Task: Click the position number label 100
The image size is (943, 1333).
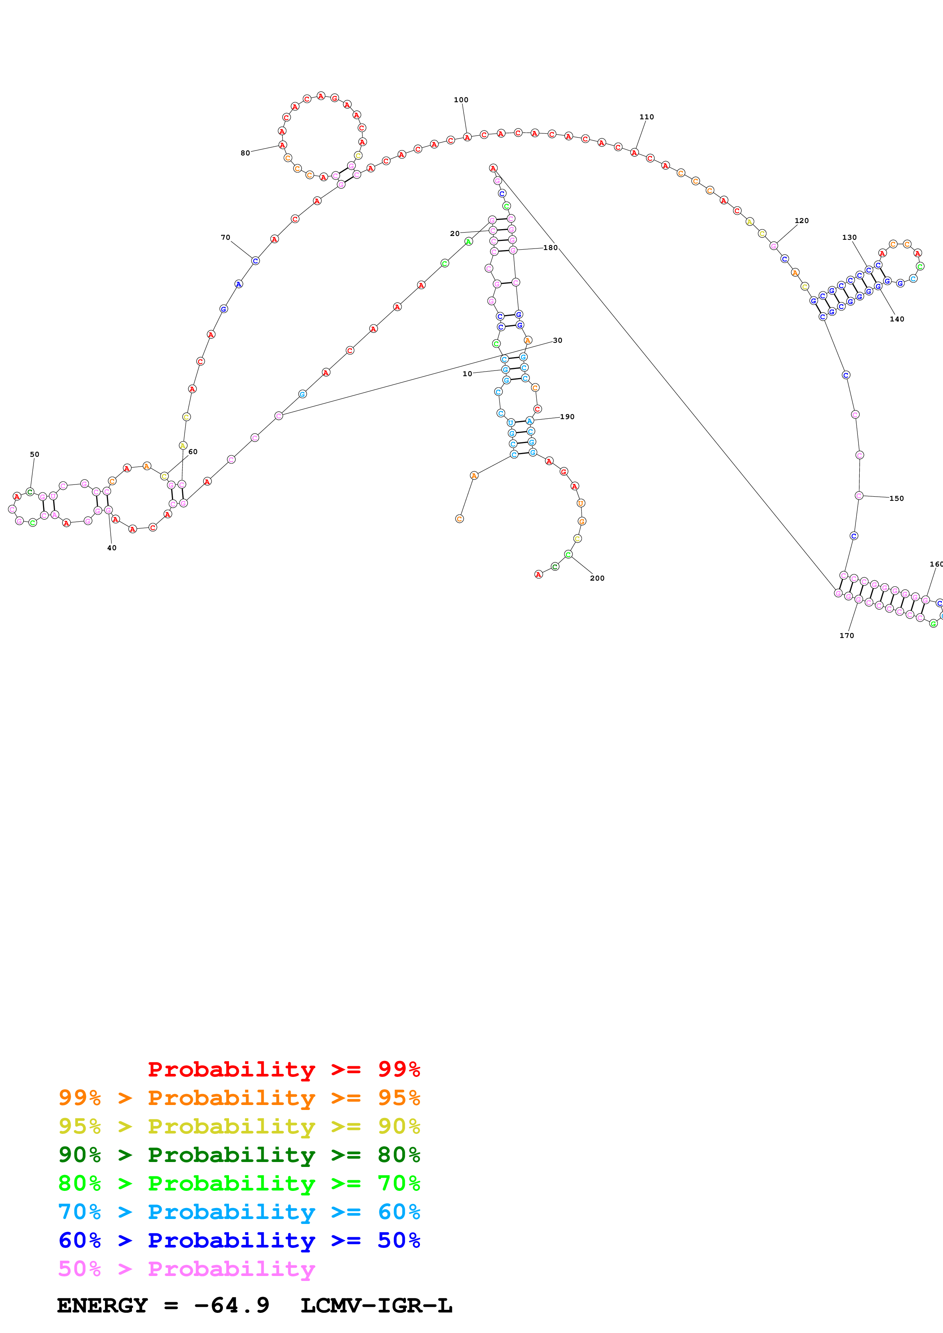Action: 461,100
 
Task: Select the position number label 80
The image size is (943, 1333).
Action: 245,153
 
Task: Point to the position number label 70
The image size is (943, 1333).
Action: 226,237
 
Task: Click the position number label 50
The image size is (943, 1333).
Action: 34,454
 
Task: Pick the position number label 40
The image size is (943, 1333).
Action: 111,548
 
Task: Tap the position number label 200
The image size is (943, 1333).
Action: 597,578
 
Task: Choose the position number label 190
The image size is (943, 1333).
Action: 567,417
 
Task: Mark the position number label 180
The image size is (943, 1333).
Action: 550,248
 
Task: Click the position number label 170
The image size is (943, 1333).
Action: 846,636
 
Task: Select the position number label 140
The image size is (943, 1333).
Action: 897,319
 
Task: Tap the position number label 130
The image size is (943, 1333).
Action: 849,237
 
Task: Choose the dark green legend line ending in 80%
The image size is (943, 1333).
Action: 239,1155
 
